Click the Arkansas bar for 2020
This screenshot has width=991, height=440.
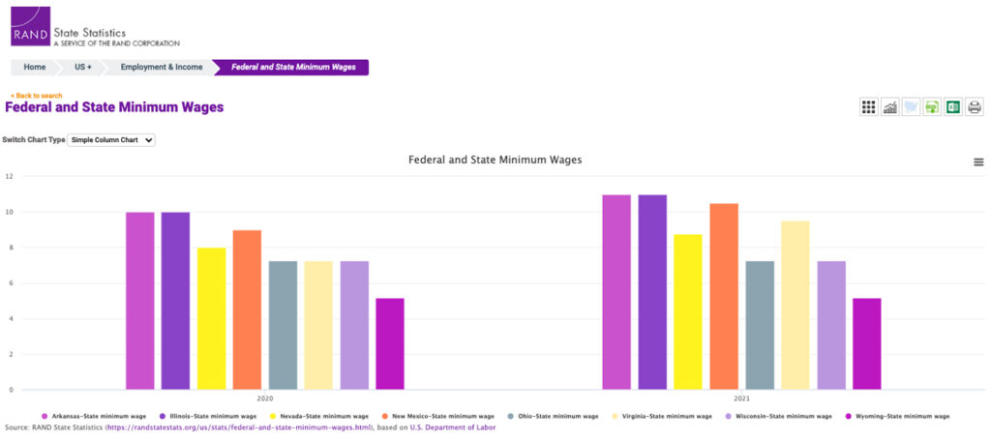pyautogui.click(x=140, y=300)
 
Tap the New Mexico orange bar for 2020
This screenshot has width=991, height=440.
pyautogui.click(x=247, y=309)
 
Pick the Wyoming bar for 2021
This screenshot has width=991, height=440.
pyautogui.click(x=866, y=343)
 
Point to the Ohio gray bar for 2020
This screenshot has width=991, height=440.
pyautogui.click(x=283, y=325)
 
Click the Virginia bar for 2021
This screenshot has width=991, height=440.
pyautogui.click(x=796, y=305)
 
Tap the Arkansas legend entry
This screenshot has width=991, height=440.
pyautogui.click(x=90, y=416)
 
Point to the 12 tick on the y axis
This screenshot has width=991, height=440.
pyautogui.click(x=9, y=176)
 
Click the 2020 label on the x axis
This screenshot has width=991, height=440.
pyautogui.click(x=265, y=398)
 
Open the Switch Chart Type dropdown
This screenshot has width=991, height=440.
pyautogui.click(x=112, y=140)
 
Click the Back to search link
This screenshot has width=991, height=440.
pyautogui.click(x=36, y=96)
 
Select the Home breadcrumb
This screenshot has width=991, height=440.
pyautogui.click(x=35, y=67)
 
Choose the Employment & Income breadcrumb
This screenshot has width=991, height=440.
pyautogui.click(x=162, y=67)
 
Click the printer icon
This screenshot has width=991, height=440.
pyautogui.click(x=975, y=106)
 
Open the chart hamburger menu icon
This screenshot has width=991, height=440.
pyautogui.click(x=978, y=162)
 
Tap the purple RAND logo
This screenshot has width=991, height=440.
pyautogui.click(x=30, y=26)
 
